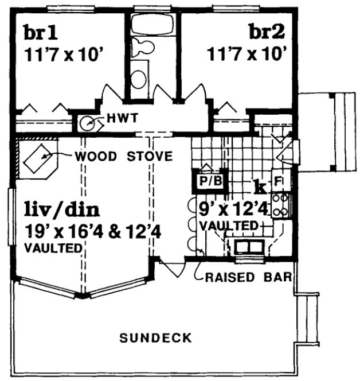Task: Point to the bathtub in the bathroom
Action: coord(152,25)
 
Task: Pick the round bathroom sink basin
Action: coord(138,76)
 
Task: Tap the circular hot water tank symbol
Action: coord(87,122)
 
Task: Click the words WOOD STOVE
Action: coord(124,155)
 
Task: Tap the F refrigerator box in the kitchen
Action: coord(278,182)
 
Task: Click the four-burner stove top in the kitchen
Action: coord(281,205)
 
